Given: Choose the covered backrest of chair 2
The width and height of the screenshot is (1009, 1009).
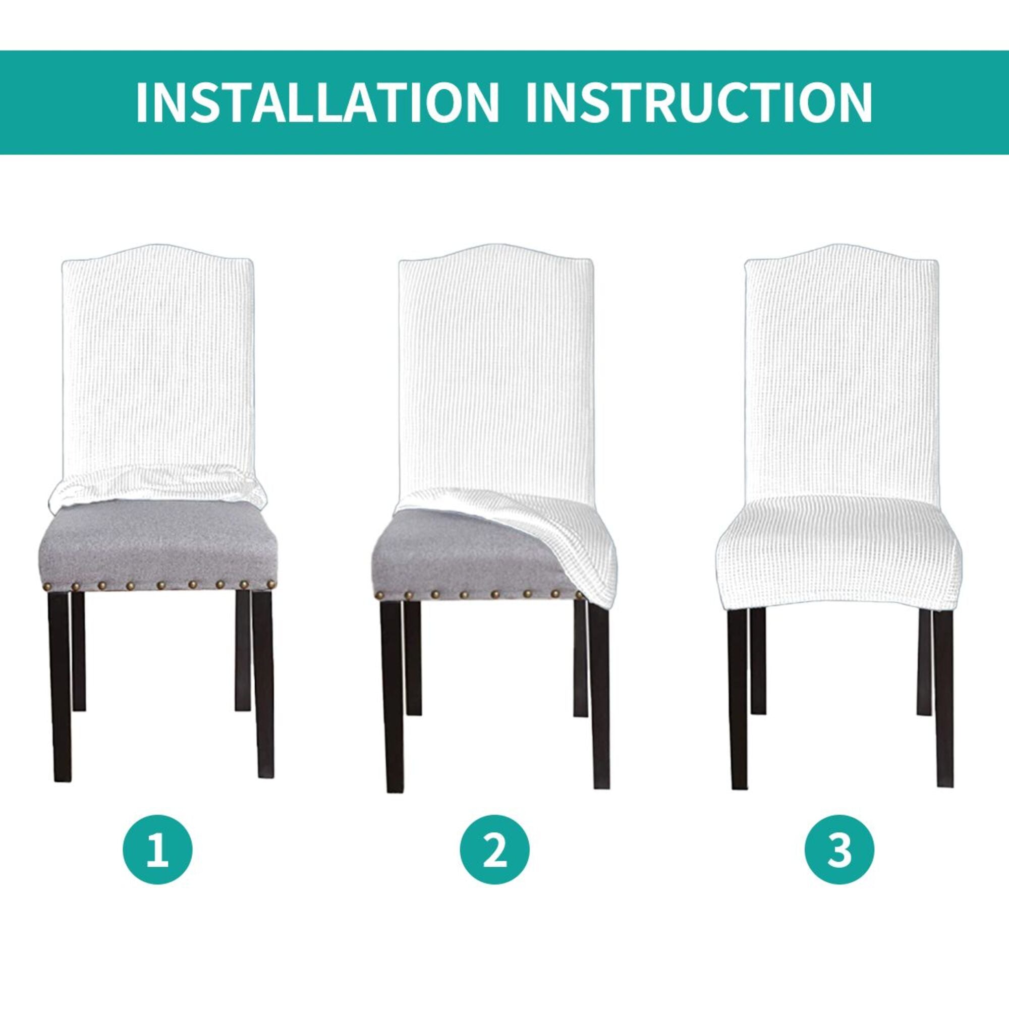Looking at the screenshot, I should click(493, 366).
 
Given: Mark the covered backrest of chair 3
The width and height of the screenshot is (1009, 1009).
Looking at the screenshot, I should click(841, 366).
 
